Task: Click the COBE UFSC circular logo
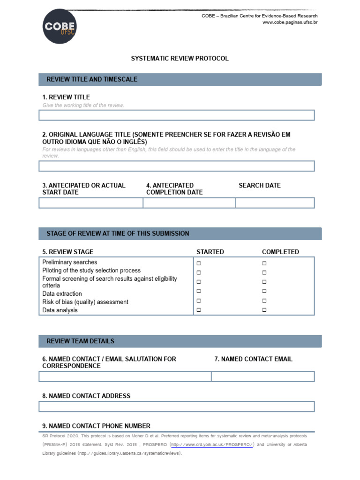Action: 60,27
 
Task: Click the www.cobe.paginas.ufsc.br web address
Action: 290,22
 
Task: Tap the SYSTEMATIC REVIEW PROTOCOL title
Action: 180,59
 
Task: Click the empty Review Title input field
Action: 176,115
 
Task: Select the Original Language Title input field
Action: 176,166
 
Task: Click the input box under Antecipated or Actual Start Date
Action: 90,203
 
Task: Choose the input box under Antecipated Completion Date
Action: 189,203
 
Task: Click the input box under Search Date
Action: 275,203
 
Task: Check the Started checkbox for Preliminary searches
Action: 199,263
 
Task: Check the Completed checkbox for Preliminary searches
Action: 264,263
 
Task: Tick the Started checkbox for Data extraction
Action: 199,291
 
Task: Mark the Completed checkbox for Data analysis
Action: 264,310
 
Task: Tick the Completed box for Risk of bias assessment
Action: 264,300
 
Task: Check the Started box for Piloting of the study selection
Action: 199,272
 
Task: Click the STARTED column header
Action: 210,252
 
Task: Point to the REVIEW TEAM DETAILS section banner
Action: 180,341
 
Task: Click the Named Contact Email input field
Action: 262,376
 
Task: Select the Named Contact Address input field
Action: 176,406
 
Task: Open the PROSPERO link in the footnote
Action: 212,444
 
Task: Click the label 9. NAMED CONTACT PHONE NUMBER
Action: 96,426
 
